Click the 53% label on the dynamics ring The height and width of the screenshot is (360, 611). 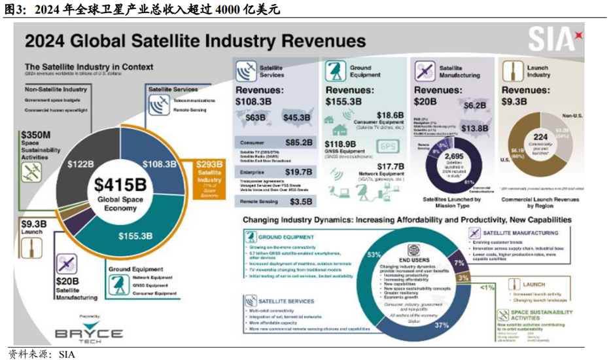pyautogui.click(x=374, y=255)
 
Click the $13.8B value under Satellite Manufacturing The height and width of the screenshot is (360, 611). pyautogui.click(x=474, y=128)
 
